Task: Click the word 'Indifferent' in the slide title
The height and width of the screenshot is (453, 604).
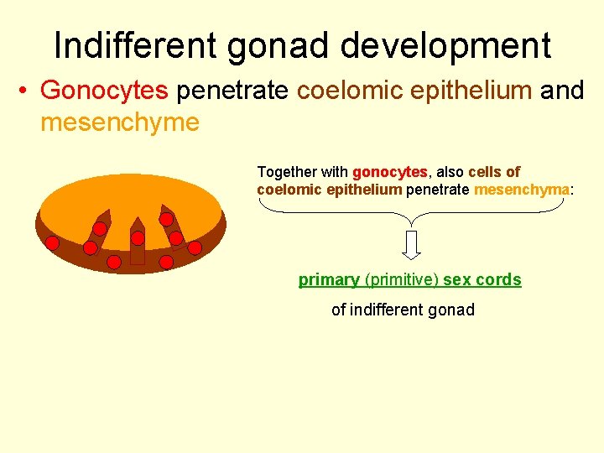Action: coord(134,45)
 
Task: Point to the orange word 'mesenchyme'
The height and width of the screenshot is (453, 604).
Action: coord(119,122)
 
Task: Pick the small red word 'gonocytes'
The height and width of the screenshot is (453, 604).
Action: coord(390,171)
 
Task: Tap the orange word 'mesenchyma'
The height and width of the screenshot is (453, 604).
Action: coord(521,190)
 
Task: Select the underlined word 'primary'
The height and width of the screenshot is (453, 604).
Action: coord(329,279)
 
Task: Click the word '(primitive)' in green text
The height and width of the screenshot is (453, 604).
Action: coord(402,279)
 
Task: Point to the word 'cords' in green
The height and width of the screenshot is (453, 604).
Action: coord(498,279)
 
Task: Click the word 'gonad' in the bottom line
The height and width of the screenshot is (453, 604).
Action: coord(453,310)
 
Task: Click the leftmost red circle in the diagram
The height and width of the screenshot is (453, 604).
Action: coord(52,243)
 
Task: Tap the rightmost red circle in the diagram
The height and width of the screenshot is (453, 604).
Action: coord(195,247)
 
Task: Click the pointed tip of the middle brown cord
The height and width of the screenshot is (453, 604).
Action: coord(137,218)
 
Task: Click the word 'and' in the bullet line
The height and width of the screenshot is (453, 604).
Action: coord(561,90)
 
